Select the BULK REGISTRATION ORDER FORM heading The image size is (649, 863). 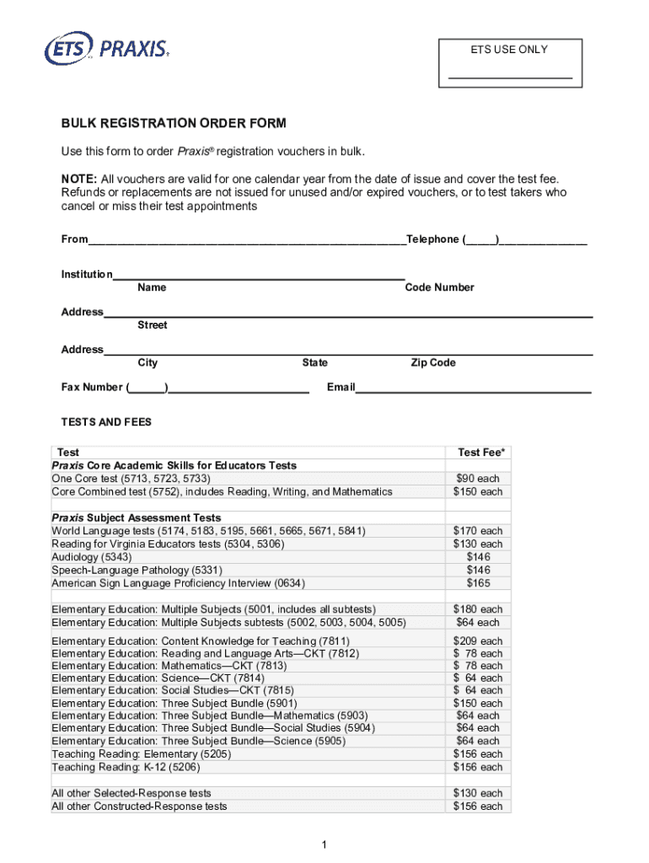pos(174,123)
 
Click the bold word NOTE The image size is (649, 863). pos(78,179)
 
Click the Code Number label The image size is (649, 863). pos(439,287)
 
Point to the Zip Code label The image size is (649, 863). pos(433,362)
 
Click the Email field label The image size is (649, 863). pos(341,388)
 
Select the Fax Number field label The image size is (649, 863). pos(91,388)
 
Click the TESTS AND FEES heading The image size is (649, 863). pos(106,422)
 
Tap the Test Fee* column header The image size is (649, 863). pos(481,453)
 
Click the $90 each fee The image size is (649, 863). pos(478,479)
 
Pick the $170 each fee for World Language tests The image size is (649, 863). pos(478,531)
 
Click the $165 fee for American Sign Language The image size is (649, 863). pos(478,583)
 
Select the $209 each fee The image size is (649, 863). pos(478,641)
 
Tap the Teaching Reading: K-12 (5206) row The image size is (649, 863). pos(126,767)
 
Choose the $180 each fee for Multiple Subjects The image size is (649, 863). pos(478,609)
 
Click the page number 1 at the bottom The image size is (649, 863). pos(324,844)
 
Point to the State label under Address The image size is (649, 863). pos(315,362)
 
